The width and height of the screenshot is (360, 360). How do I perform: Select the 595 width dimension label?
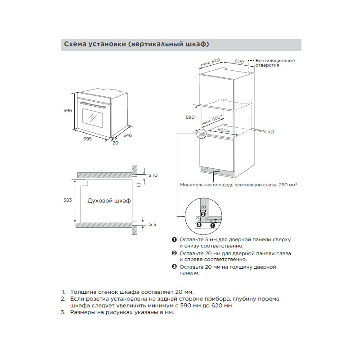tap(87, 139)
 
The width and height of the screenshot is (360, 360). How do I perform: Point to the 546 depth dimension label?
tap(127, 135)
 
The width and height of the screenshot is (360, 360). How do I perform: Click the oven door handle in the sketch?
tap(95, 105)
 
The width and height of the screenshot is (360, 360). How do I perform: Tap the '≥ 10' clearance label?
tap(153, 175)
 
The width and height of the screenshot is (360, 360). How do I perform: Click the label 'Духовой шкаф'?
tap(109, 201)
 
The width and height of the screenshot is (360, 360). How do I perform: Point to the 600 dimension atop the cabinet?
tap(239, 62)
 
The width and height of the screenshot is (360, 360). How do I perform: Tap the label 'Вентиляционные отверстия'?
tap(275, 63)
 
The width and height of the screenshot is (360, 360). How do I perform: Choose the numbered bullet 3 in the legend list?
tap(174, 267)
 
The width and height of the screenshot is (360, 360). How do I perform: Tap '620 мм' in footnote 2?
tap(224, 306)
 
